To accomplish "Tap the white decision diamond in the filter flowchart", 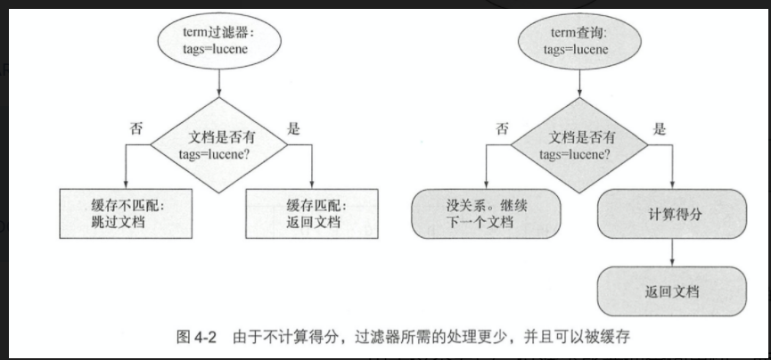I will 218,144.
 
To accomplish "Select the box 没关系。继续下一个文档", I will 487,214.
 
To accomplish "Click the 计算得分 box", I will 671,214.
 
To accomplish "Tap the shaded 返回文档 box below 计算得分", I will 671,291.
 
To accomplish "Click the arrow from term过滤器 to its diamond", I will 218,89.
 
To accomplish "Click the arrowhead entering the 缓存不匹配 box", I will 127,184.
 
